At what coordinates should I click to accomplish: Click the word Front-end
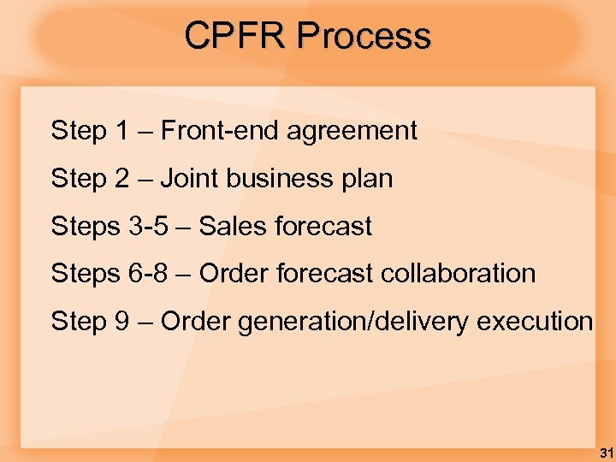pos(220,131)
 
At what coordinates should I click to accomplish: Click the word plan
pos(366,179)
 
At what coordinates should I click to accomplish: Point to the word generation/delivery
pos(352,322)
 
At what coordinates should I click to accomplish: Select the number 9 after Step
pos(121,322)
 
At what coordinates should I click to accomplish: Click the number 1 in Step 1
pos(121,131)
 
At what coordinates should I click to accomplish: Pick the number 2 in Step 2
pos(121,179)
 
